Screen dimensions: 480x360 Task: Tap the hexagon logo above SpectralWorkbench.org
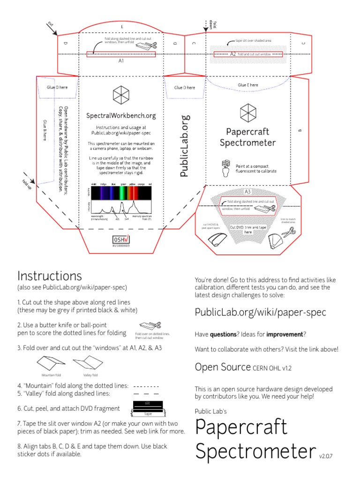point(121,96)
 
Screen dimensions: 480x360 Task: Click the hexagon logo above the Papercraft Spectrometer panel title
point(247,112)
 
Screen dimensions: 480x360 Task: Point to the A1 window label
point(121,61)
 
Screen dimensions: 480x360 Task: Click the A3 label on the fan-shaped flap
point(247,191)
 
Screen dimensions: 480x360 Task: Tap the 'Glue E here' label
point(248,85)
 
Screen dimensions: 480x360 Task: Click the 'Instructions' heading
point(49,276)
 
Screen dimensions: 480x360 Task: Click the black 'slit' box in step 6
point(148,403)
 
